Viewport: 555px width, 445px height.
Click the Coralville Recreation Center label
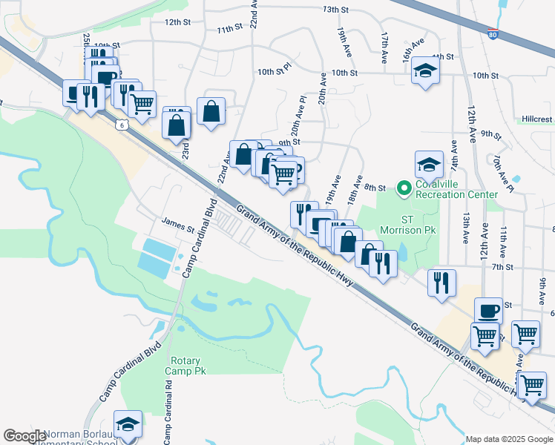click(x=456, y=189)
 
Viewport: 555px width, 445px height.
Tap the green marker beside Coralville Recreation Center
click(x=404, y=189)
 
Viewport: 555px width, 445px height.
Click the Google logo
click(x=24, y=436)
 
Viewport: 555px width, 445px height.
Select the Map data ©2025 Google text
click(x=508, y=439)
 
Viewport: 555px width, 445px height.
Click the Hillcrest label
click(x=536, y=119)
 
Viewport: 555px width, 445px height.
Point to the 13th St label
click(x=335, y=10)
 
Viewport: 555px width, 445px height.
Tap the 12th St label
click(x=177, y=22)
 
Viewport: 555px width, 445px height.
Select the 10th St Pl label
click(x=274, y=72)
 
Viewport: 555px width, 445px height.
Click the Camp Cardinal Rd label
click(x=168, y=419)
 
